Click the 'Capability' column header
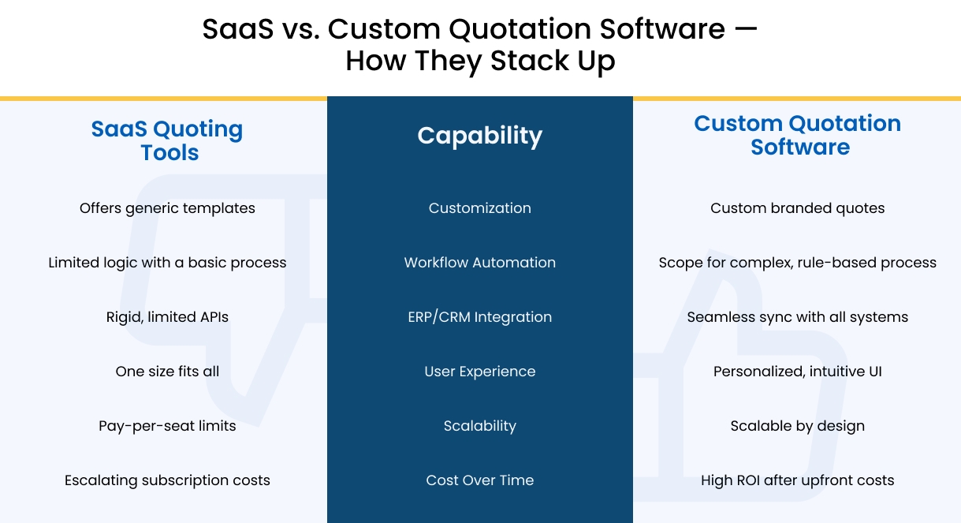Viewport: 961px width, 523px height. pos(479,136)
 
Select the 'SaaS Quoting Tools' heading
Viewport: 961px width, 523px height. pos(167,140)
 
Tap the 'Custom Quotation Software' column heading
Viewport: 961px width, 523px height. pos(798,135)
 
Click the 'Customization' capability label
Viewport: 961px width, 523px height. pos(479,208)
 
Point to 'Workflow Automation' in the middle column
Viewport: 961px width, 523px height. pos(479,263)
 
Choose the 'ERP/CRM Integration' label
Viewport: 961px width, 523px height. pos(479,317)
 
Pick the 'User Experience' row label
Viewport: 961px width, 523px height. pos(479,372)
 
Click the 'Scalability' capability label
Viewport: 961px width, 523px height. pos(479,426)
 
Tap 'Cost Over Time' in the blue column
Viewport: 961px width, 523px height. pos(479,480)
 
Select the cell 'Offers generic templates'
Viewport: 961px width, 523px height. pos(167,208)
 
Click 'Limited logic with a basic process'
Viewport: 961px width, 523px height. pos(167,263)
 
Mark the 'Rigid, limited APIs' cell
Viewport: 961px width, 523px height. pos(167,317)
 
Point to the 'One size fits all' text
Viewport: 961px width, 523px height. pos(167,372)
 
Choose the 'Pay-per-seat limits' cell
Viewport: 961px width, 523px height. pos(167,426)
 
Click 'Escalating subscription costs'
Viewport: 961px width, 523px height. pos(167,480)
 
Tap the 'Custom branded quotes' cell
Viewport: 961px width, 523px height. pos(798,208)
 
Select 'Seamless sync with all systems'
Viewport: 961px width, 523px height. pos(798,317)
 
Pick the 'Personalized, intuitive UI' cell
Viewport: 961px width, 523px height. pos(798,372)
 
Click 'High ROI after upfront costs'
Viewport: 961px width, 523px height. pos(798,480)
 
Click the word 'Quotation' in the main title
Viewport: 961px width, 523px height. pos(520,29)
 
